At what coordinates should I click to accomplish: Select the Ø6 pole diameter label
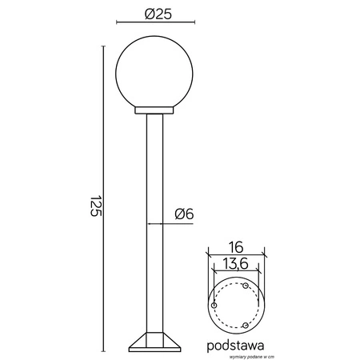(x=184, y=213)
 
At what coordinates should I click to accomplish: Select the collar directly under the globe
(x=156, y=110)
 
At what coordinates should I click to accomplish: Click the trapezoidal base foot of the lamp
(x=156, y=342)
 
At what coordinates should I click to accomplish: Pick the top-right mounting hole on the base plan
(x=246, y=286)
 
